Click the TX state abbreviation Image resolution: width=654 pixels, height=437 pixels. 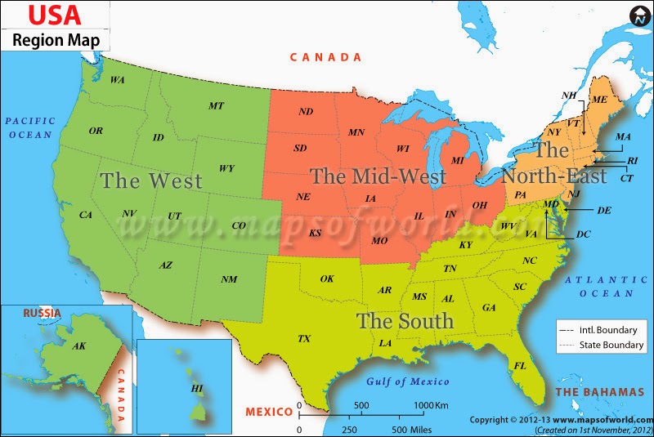click(304, 338)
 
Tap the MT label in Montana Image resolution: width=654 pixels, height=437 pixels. click(216, 105)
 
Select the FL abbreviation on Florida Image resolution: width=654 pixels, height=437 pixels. click(519, 365)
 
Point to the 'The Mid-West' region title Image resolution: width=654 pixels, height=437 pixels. click(378, 176)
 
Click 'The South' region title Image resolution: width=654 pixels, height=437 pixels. click(405, 320)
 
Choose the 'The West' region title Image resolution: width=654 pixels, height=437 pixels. click(151, 181)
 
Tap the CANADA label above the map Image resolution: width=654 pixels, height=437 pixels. click(326, 57)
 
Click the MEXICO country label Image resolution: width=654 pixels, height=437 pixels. click(269, 410)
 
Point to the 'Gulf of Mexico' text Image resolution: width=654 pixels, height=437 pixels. click(408, 381)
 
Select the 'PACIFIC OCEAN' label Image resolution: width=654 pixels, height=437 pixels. click(29, 127)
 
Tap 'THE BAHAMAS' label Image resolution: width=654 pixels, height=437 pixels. click(599, 392)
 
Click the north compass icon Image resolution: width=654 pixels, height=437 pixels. click(639, 16)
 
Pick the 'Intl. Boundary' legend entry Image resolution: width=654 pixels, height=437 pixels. click(600, 329)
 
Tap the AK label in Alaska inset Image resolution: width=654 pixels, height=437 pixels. click(79, 346)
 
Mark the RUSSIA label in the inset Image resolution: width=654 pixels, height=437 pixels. click(42, 313)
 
